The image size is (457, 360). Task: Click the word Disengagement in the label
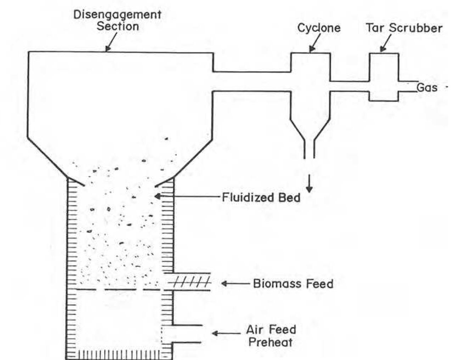click(x=117, y=15)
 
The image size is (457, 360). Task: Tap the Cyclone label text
click(x=319, y=28)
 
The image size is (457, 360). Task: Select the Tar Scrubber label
click(x=404, y=28)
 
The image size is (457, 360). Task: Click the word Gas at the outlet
click(x=427, y=87)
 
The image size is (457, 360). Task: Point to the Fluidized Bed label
click(x=261, y=197)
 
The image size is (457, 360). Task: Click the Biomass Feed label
click(x=293, y=284)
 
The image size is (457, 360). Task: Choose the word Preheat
click(x=270, y=342)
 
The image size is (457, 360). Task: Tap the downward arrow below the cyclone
click(x=309, y=184)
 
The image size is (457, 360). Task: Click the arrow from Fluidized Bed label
click(x=188, y=196)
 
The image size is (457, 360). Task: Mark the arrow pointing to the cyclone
click(x=314, y=45)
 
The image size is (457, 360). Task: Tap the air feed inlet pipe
click(x=186, y=334)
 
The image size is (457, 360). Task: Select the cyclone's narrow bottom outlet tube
click(x=309, y=149)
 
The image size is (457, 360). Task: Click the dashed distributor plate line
click(x=117, y=290)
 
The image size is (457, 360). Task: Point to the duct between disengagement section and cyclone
click(x=252, y=81)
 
